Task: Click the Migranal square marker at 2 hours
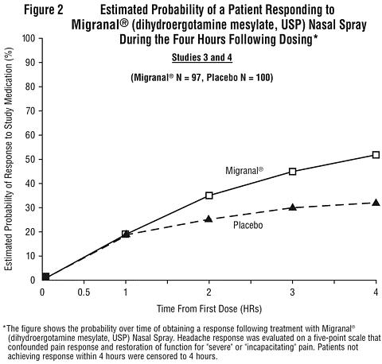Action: (x=209, y=196)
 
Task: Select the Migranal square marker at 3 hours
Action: (x=293, y=172)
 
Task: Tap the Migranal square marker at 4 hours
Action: (x=376, y=155)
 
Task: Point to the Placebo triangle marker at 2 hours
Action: (x=209, y=219)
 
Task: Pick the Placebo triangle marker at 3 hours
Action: (x=293, y=207)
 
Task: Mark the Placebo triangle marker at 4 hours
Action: (x=376, y=203)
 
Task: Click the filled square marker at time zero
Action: (x=45, y=277)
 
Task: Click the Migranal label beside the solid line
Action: (x=244, y=171)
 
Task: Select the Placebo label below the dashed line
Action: (x=248, y=225)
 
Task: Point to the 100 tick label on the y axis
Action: (x=28, y=38)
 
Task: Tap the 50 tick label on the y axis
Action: (x=30, y=159)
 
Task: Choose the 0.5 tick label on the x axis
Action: (x=84, y=292)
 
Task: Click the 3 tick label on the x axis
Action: (x=292, y=292)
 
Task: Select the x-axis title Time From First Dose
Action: (x=209, y=309)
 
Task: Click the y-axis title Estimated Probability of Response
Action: (x=9, y=159)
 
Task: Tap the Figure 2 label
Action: (x=44, y=10)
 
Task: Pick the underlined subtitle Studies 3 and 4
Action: (x=202, y=57)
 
